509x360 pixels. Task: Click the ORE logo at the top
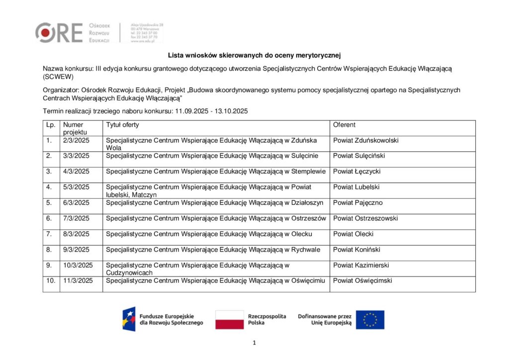(x=59, y=32)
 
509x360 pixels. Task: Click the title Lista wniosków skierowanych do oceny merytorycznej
(x=254, y=55)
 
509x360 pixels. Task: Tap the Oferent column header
(x=344, y=125)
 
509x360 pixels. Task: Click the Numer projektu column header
(x=74, y=128)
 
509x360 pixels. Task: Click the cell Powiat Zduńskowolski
(x=365, y=141)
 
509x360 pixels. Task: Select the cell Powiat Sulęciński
(x=358, y=156)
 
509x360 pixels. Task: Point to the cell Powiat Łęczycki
(x=356, y=172)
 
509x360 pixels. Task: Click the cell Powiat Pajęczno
(x=357, y=203)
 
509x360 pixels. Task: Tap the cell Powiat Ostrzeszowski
(x=365, y=218)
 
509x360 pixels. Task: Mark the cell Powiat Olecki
(x=353, y=234)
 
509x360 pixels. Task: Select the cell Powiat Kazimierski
(x=361, y=265)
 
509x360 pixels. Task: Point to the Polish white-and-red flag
(x=229, y=320)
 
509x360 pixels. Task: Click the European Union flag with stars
(x=370, y=320)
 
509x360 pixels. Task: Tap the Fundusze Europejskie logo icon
(x=129, y=319)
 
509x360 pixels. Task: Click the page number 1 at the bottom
(x=254, y=343)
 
